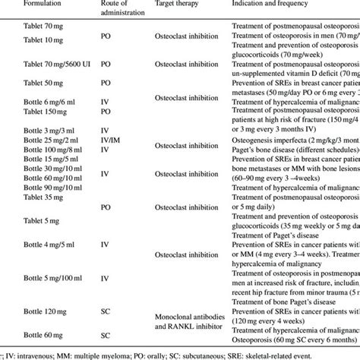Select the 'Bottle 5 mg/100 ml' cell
tap(47, 278)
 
